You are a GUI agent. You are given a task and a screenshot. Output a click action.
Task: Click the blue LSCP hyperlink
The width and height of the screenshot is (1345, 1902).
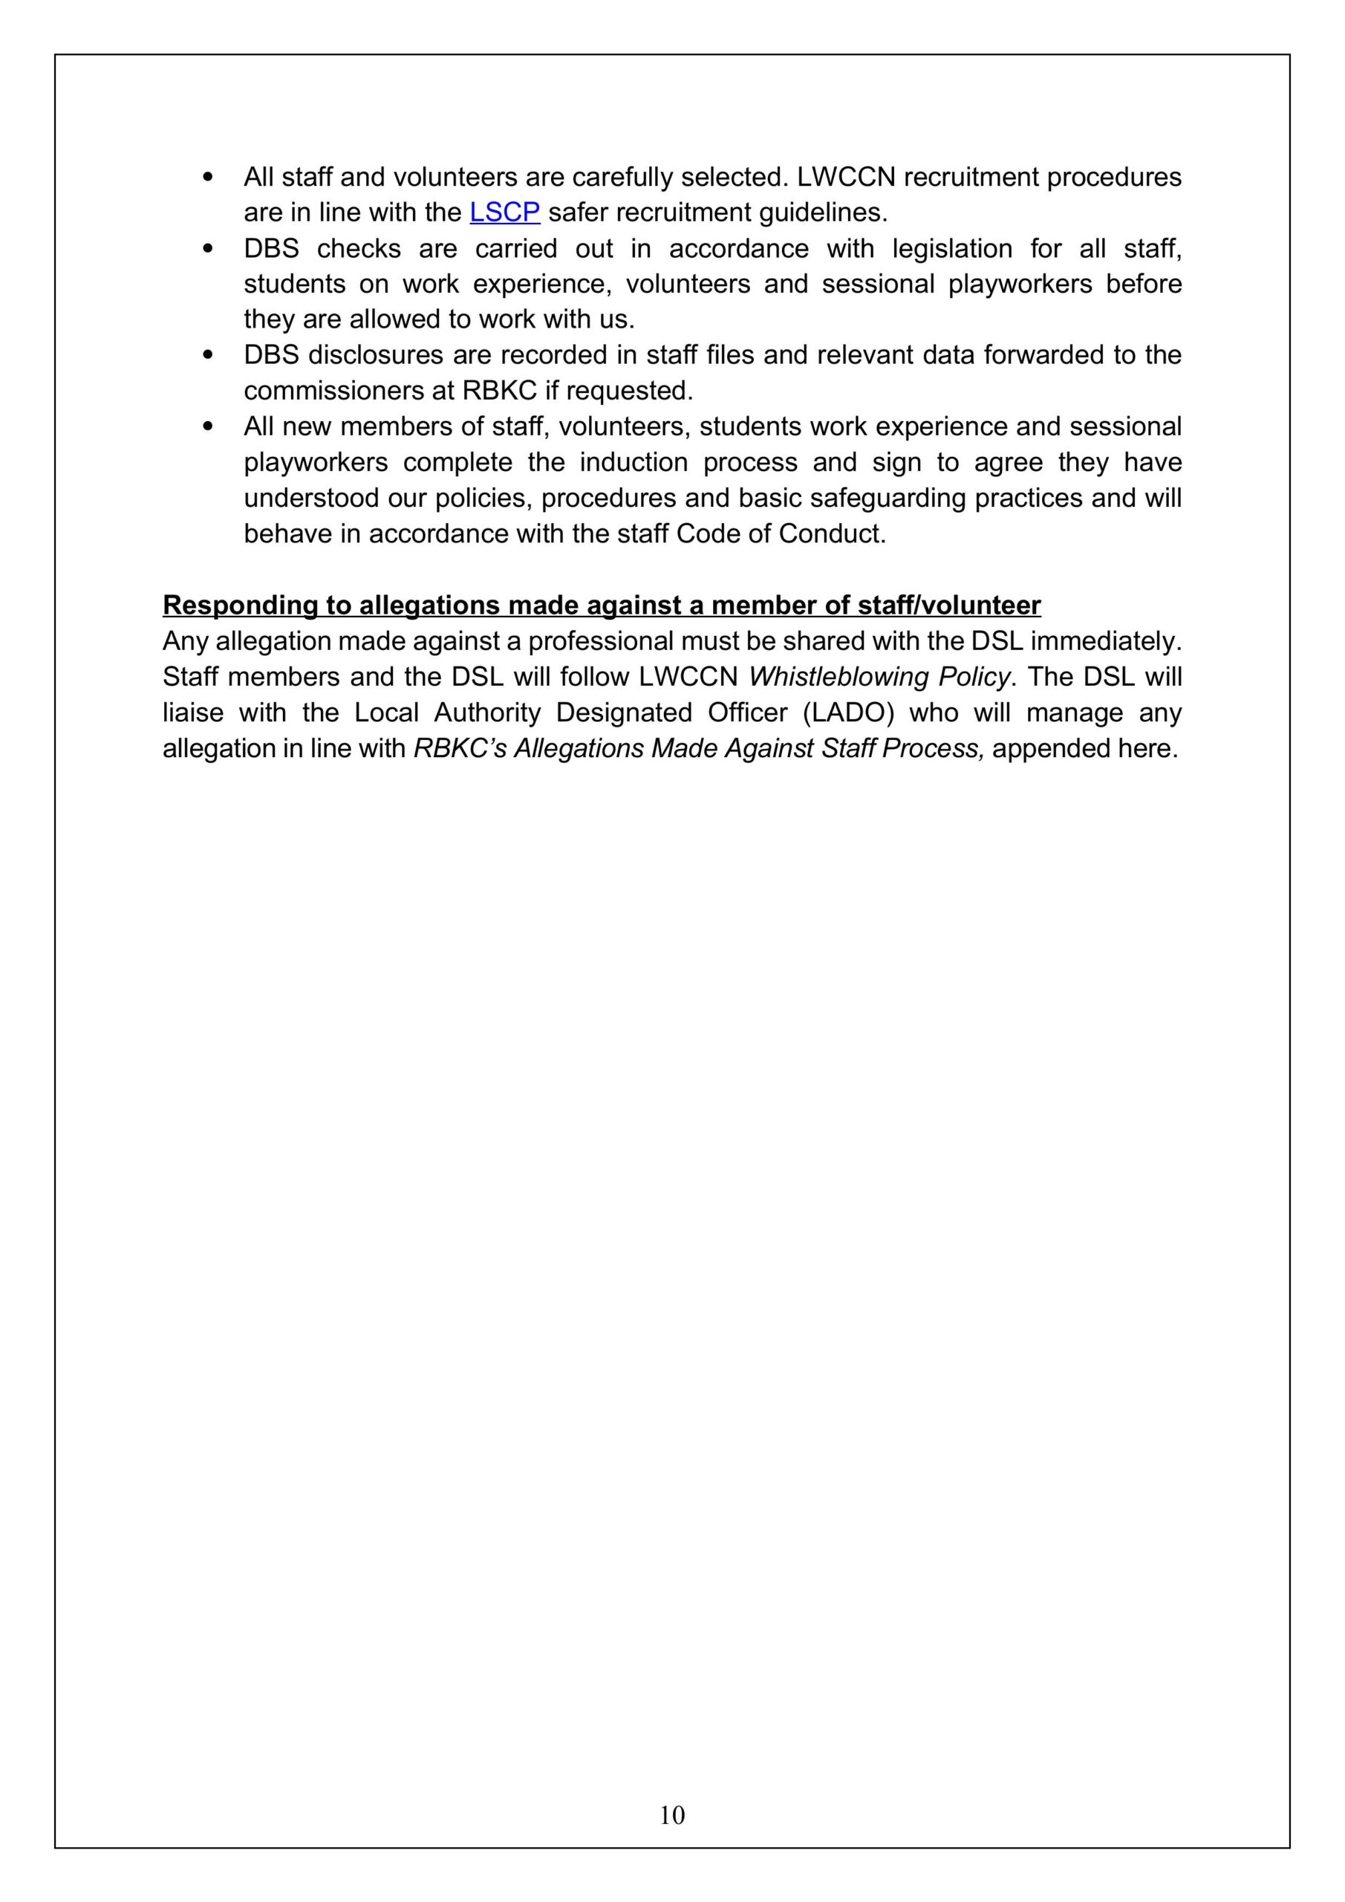click(x=504, y=213)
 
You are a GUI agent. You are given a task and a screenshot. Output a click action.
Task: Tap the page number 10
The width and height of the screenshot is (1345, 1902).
click(x=671, y=1814)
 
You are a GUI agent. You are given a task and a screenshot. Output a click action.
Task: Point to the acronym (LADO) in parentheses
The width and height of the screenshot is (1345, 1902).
click(x=848, y=713)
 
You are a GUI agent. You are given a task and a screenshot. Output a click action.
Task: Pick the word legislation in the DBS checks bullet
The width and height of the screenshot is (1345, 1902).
click(x=951, y=248)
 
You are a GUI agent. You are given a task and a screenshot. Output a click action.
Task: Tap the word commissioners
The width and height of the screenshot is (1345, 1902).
click(x=335, y=390)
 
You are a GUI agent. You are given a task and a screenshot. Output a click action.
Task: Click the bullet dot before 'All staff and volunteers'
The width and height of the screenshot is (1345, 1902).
click(x=208, y=178)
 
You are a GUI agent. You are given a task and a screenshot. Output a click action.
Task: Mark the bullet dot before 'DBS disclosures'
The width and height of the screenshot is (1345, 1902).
click(x=208, y=355)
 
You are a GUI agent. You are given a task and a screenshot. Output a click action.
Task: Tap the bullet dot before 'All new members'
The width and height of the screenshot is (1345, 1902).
click(x=208, y=426)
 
